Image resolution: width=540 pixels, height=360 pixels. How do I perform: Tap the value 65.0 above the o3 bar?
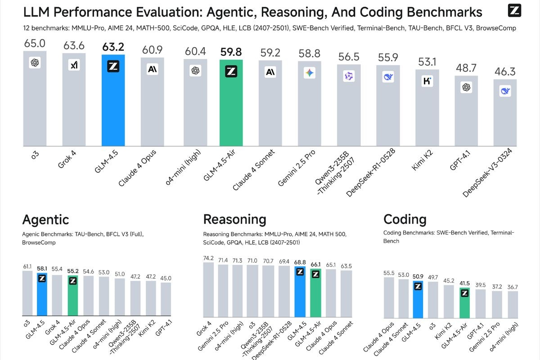pyautogui.click(x=35, y=44)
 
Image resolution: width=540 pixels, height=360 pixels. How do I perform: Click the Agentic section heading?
pyautogui.click(x=45, y=220)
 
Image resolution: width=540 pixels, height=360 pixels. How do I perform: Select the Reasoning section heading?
pyautogui.click(x=234, y=220)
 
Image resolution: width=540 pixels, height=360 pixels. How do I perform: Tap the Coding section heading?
pyautogui.click(x=405, y=220)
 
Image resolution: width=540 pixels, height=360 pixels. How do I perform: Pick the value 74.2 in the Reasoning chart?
pyautogui.click(x=208, y=257)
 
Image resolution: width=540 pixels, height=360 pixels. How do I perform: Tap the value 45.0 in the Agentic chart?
pyautogui.click(x=166, y=278)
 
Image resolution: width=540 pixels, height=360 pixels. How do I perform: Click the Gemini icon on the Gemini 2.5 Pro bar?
pyautogui.click(x=310, y=72)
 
